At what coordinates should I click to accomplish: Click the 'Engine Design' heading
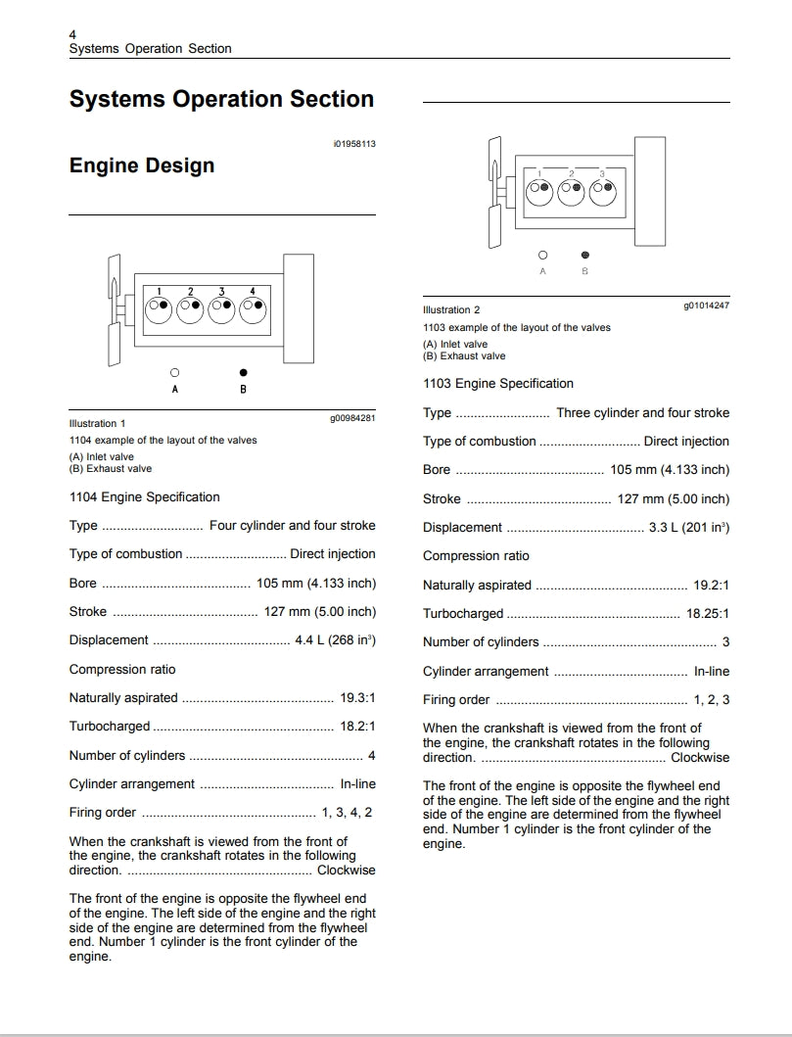(x=141, y=165)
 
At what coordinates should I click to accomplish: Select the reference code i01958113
(x=353, y=144)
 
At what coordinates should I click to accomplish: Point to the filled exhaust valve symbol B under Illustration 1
(x=243, y=373)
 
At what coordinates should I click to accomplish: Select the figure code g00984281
(x=352, y=418)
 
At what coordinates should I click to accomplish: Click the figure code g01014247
(x=706, y=306)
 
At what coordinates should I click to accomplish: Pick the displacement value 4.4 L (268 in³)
(x=335, y=640)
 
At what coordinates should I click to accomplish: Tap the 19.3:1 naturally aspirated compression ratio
(x=357, y=698)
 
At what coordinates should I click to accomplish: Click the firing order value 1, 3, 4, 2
(x=347, y=813)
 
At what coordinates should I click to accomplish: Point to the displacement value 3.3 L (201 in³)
(x=689, y=527)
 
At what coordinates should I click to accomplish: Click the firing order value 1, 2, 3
(x=712, y=700)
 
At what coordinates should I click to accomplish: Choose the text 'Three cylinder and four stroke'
(x=642, y=413)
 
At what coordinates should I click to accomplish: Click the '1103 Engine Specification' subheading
(x=498, y=384)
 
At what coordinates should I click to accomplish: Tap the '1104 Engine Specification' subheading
(x=145, y=497)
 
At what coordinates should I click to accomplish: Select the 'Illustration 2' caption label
(x=451, y=310)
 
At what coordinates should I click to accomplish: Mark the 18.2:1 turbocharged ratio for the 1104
(x=357, y=727)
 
